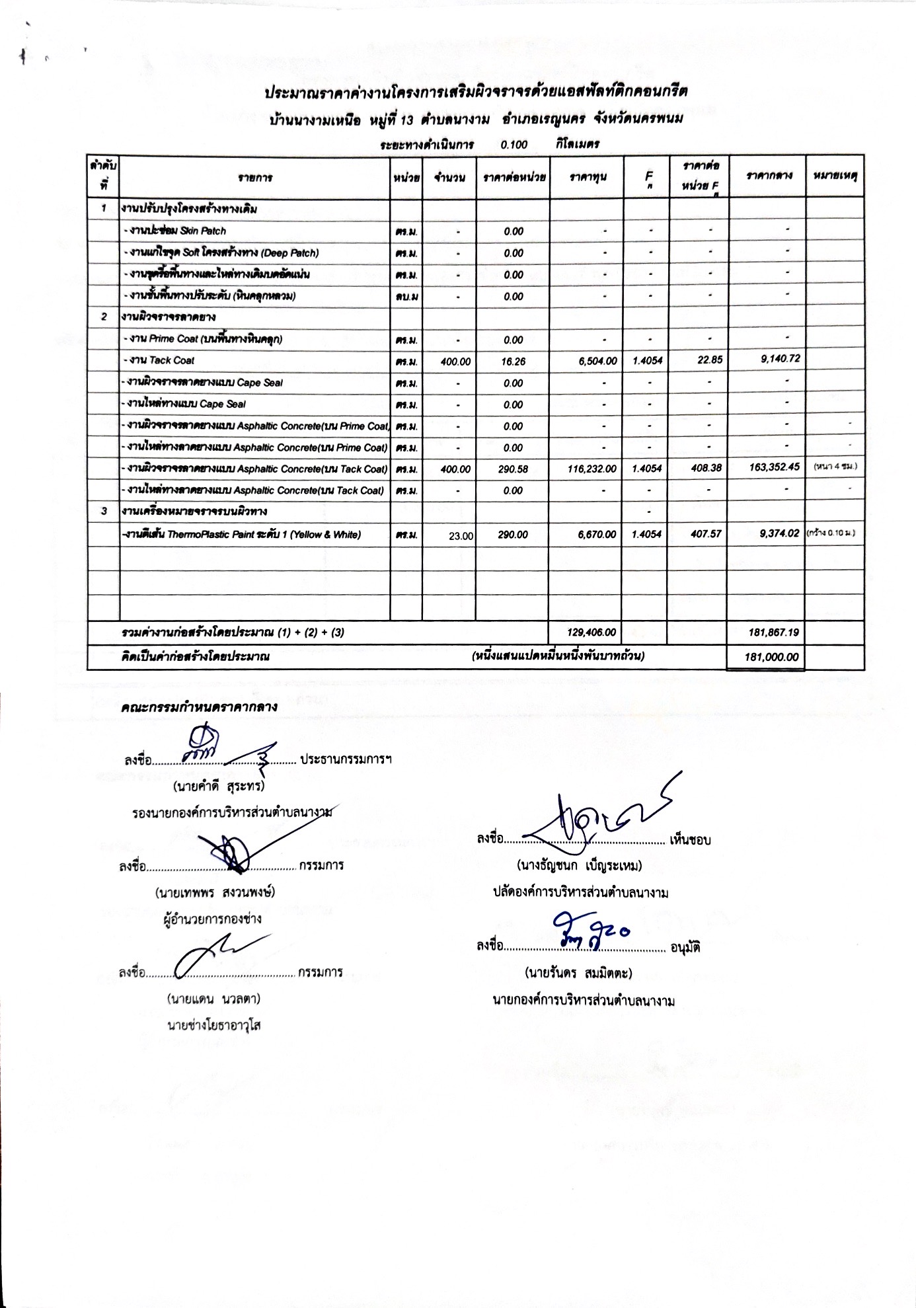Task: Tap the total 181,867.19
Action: click(x=773, y=633)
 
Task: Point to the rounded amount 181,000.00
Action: click(x=771, y=657)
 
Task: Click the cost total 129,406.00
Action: click(x=592, y=633)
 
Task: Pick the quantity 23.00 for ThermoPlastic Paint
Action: click(x=461, y=536)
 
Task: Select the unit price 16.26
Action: click(x=513, y=362)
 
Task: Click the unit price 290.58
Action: click(x=513, y=469)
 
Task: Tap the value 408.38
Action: click(x=706, y=468)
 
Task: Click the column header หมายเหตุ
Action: click(x=835, y=176)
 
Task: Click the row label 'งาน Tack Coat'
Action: click(x=161, y=361)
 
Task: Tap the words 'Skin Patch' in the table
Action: click(x=203, y=231)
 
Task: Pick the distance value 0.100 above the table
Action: click(x=514, y=145)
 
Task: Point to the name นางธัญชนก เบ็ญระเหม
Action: click(x=580, y=865)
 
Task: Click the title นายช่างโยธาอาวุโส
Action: click(x=214, y=1025)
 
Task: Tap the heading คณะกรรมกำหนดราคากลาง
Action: click(x=199, y=707)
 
